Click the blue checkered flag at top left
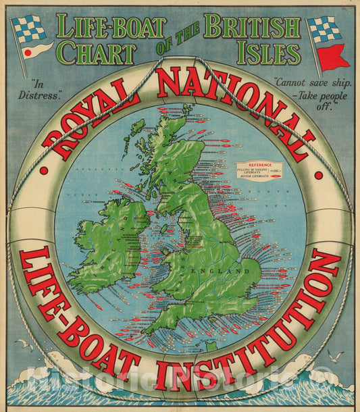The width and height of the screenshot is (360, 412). (29, 29)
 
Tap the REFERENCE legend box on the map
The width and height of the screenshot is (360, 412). (257, 171)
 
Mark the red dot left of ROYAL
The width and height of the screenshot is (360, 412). (43, 171)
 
